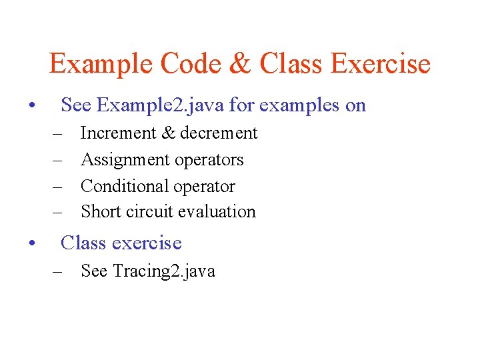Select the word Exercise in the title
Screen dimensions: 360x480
coord(381,64)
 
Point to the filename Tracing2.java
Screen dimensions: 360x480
coord(164,271)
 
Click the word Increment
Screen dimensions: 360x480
coord(117,133)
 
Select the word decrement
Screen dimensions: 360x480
coord(218,133)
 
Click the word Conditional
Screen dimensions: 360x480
coord(125,186)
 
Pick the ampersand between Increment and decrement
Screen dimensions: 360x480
coord(168,133)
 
